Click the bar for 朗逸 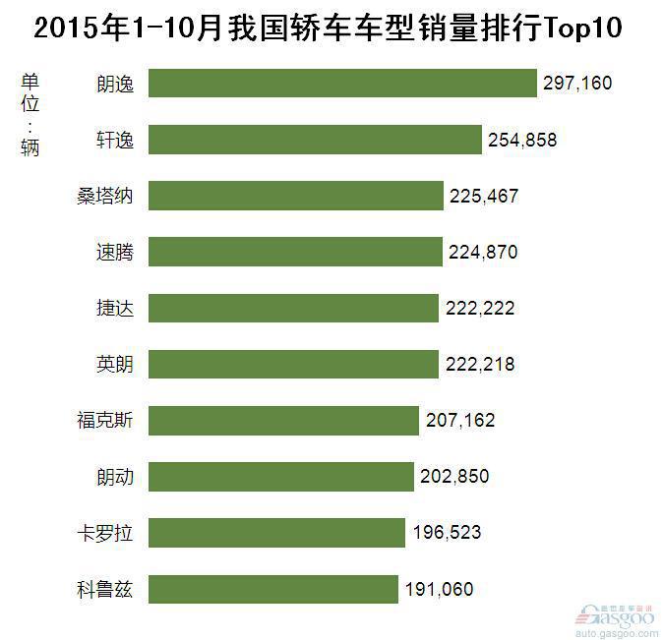341,84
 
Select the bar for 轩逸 314,140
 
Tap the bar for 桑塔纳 295,196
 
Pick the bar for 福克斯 283,421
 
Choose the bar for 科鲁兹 272,590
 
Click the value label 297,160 576,84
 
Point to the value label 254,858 521,140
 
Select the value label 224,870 483,253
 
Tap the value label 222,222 479,309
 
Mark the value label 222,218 479,365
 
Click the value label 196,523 447,534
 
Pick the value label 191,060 439,590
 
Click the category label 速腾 115,253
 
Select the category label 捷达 115,309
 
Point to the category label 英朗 115,365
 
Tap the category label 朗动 115,478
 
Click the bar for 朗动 280,478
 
